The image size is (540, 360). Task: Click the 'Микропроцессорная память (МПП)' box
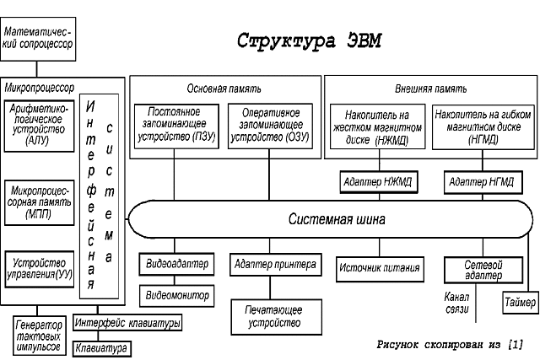[x=39, y=202]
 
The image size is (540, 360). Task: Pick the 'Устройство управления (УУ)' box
[x=39, y=270]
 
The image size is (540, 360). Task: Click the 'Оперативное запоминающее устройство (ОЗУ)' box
[x=269, y=125]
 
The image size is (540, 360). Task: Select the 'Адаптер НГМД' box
[x=479, y=182]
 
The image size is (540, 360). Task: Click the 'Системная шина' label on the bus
[x=337, y=220]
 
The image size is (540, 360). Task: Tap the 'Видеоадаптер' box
[x=175, y=265]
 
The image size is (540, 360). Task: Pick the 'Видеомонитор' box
[x=175, y=295]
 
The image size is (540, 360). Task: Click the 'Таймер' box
[x=518, y=301]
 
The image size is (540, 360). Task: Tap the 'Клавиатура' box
[x=100, y=347]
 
